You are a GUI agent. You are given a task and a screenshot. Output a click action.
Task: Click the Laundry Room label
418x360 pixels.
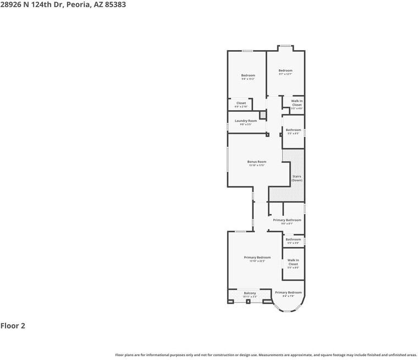[x=245, y=121]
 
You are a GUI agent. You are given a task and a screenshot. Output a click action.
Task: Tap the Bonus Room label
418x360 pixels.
[x=256, y=162]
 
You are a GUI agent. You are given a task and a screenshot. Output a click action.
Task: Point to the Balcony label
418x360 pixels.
[x=250, y=293]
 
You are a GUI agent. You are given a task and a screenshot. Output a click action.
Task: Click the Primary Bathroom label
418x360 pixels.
[x=287, y=220]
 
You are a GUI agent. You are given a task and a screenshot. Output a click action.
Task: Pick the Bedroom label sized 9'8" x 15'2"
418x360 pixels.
[x=248, y=75]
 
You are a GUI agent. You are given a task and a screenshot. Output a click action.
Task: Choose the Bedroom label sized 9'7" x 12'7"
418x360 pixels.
[x=285, y=70]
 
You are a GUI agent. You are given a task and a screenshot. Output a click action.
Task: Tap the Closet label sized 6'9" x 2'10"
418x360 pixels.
[x=241, y=103]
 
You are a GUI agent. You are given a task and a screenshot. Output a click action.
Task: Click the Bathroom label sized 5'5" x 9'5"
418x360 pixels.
[x=293, y=130]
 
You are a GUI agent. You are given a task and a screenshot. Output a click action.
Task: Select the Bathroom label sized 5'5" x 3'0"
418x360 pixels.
[x=293, y=239]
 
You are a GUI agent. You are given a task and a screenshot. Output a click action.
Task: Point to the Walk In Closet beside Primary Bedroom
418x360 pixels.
[x=293, y=262]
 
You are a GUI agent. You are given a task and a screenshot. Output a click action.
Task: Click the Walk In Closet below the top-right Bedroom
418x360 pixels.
[x=296, y=103]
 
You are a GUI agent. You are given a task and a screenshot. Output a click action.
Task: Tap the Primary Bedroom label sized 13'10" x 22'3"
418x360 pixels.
[x=257, y=257]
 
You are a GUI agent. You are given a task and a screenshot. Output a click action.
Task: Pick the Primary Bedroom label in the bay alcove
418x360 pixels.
[x=288, y=292]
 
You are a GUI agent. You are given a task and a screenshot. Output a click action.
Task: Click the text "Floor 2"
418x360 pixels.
[x=13, y=325]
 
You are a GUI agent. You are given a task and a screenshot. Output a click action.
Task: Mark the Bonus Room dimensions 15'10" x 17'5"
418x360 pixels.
[x=256, y=166]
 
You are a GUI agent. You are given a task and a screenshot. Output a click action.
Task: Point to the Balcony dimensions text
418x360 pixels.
[x=250, y=297]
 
